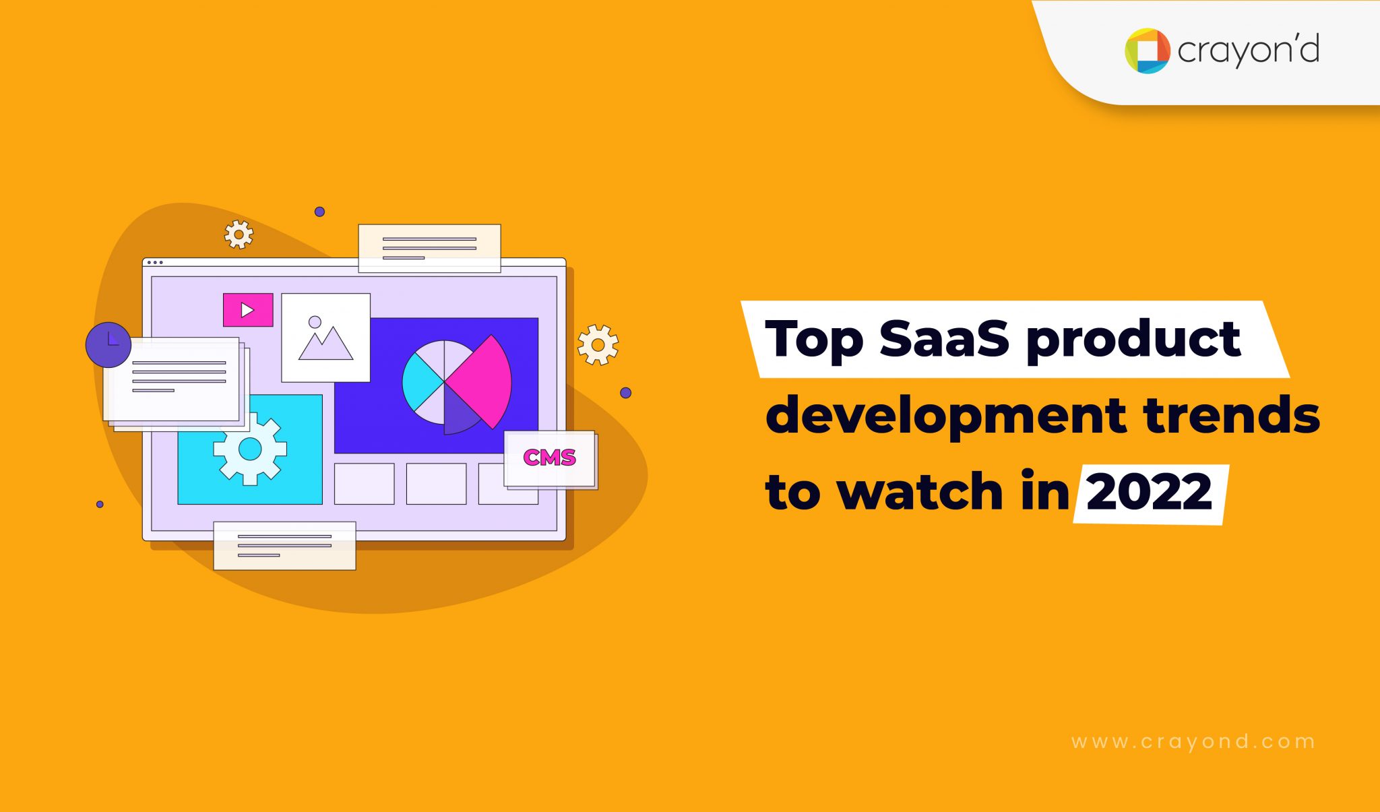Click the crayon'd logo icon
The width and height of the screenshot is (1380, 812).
tap(1147, 51)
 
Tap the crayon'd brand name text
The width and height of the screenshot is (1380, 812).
tap(1248, 51)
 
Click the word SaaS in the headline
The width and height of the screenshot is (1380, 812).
tap(944, 338)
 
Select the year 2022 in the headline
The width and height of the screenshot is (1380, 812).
tap(1150, 493)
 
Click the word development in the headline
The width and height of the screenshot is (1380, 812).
tap(945, 416)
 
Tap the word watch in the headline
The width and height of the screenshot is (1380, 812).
tap(920, 492)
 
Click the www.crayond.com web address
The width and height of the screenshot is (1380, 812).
tap(1193, 742)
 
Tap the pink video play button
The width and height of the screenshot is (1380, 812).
tap(248, 310)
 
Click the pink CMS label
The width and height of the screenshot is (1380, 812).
tap(549, 458)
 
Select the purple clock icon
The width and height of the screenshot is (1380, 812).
tap(108, 344)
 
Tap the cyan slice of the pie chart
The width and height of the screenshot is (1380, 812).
tap(419, 383)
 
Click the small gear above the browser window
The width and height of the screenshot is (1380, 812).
tap(239, 235)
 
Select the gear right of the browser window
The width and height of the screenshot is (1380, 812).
tap(598, 345)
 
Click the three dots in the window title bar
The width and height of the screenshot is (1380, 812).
tap(155, 262)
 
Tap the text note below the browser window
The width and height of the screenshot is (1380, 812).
tap(284, 546)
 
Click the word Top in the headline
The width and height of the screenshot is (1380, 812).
tap(814, 339)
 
